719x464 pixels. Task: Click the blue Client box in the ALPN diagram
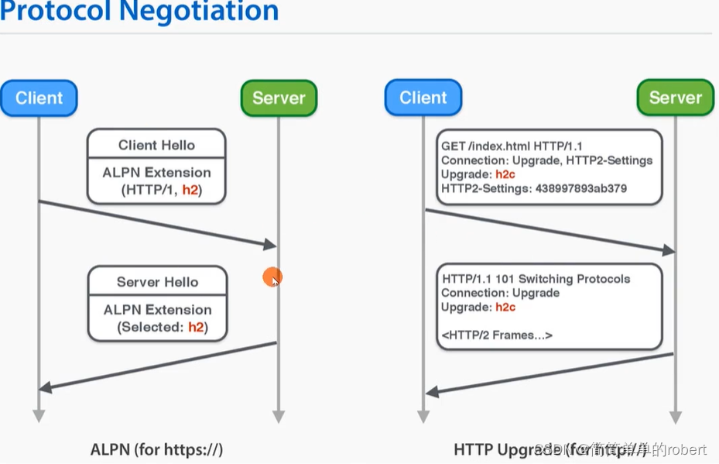click(39, 98)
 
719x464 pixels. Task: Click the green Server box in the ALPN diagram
click(279, 98)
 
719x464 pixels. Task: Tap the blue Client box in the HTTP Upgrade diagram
click(423, 98)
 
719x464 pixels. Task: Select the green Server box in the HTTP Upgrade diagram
click(675, 98)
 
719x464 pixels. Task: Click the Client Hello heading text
click(156, 145)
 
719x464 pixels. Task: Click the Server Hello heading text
click(157, 282)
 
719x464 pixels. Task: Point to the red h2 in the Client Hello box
click(190, 190)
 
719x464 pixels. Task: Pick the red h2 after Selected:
click(197, 327)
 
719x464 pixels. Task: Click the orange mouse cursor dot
click(271, 277)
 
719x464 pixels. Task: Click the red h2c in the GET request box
click(505, 174)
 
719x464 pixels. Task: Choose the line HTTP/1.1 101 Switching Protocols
click(536, 279)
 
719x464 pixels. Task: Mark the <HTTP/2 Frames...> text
click(497, 335)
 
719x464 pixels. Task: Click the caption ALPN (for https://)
click(156, 449)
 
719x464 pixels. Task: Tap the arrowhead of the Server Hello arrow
click(45, 387)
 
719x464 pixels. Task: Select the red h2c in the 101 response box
click(505, 308)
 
